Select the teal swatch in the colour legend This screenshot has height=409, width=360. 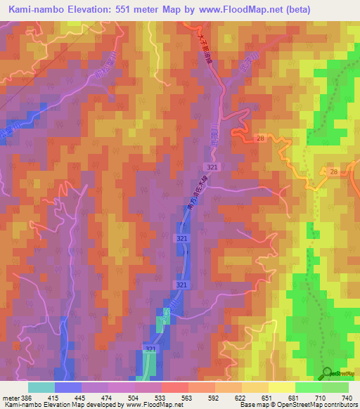tap(41, 387)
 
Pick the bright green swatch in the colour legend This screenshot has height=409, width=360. tap(308, 387)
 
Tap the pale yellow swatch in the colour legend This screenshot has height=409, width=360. tap(281, 387)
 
